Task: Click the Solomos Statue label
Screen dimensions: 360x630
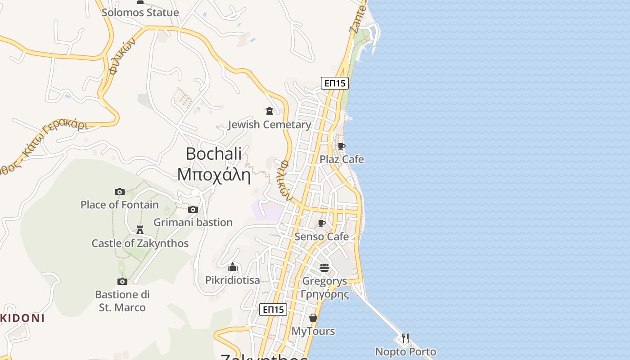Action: pyautogui.click(x=140, y=13)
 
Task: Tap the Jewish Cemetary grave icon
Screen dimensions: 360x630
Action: pyautogui.click(x=270, y=111)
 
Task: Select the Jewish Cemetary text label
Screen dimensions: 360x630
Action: pyautogui.click(x=270, y=125)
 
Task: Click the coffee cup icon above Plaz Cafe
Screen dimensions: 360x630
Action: pyautogui.click(x=342, y=146)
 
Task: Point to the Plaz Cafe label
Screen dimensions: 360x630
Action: pyautogui.click(x=342, y=159)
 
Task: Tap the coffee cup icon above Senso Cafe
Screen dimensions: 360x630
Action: pyautogui.click(x=322, y=223)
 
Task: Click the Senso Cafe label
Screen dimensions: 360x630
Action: pyautogui.click(x=321, y=237)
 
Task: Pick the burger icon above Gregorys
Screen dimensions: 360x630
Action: pyautogui.click(x=324, y=268)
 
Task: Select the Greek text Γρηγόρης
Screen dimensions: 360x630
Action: pyautogui.click(x=324, y=295)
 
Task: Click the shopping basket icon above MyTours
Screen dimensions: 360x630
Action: pyautogui.click(x=313, y=318)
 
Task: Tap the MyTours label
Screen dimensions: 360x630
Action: pyautogui.click(x=313, y=331)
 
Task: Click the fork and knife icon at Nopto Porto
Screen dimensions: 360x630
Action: pyautogui.click(x=405, y=338)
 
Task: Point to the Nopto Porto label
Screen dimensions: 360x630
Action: pyautogui.click(x=405, y=352)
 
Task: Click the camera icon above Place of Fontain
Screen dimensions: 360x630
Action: pyautogui.click(x=119, y=192)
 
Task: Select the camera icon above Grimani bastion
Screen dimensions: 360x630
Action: pyautogui.click(x=193, y=209)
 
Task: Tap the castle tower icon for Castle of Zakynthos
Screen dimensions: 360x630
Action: pyautogui.click(x=140, y=230)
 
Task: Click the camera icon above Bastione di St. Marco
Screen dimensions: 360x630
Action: pyautogui.click(x=122, y=281)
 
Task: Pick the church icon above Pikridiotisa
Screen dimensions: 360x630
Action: pyautogui.click(x=232, y=267)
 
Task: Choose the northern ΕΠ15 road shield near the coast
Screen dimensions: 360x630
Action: pyautogui.click(x=335, y=83)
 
